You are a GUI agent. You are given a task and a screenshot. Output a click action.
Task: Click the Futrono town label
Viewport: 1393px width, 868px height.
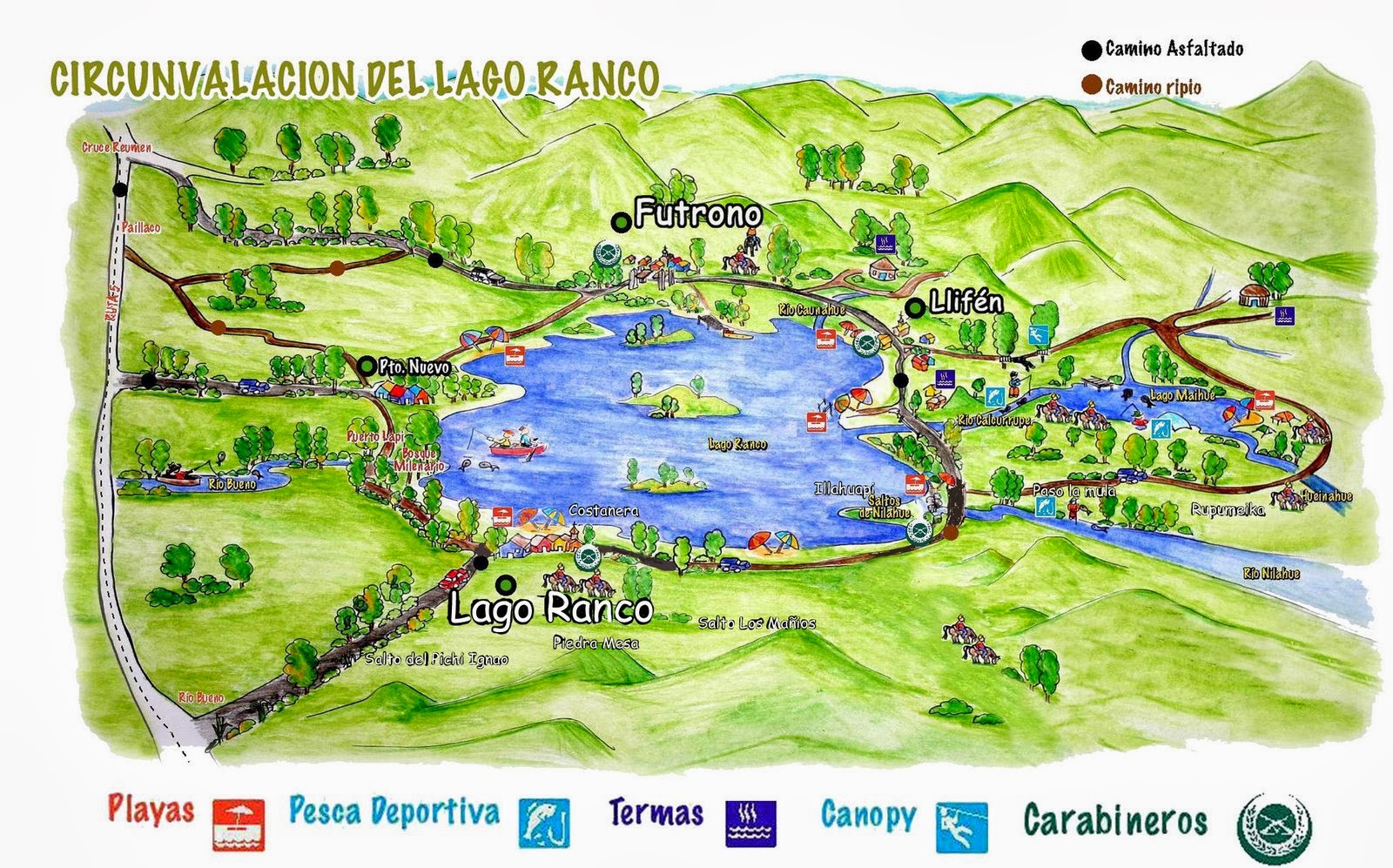pos(697,213)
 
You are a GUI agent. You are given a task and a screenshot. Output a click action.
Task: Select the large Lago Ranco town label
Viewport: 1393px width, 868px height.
pos(550,609)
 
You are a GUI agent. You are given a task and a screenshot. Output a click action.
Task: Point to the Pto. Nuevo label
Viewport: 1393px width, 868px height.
pos(414,368)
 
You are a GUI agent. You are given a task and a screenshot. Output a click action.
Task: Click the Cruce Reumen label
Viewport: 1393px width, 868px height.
pos(117,147)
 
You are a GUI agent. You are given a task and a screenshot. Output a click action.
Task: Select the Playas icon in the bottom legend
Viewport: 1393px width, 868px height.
pos(238,824)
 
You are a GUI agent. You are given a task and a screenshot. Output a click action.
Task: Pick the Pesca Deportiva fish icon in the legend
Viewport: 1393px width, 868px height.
pos(544,823)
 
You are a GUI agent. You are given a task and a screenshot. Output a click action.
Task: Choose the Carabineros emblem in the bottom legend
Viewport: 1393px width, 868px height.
pos(1274,823)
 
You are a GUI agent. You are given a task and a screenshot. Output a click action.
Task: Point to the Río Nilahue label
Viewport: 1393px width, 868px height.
pos(1271,574)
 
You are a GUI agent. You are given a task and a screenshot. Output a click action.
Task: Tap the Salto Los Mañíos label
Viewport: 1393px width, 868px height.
pos(757,622)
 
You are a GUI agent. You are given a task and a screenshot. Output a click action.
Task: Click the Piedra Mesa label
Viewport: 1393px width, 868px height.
pos(596,643)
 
